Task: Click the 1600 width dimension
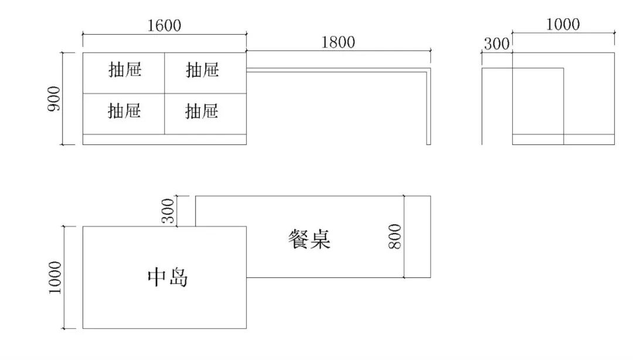point(165,25)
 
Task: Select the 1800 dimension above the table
point(338,42)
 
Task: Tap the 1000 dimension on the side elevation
point(563,25)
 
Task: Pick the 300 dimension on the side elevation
point(497,44)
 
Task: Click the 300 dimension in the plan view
point(168,210)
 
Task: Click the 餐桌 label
point(309,238)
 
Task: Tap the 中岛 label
point(168,277)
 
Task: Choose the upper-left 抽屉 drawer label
point(125,70)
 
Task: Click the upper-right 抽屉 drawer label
point(202,70)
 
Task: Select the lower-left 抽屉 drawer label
point(124,110)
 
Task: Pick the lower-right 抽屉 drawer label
point(202,110)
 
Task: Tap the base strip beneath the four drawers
point(164,140)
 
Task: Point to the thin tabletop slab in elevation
point(337,70)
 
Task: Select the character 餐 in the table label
point(298,238)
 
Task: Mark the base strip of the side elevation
point(563,140)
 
